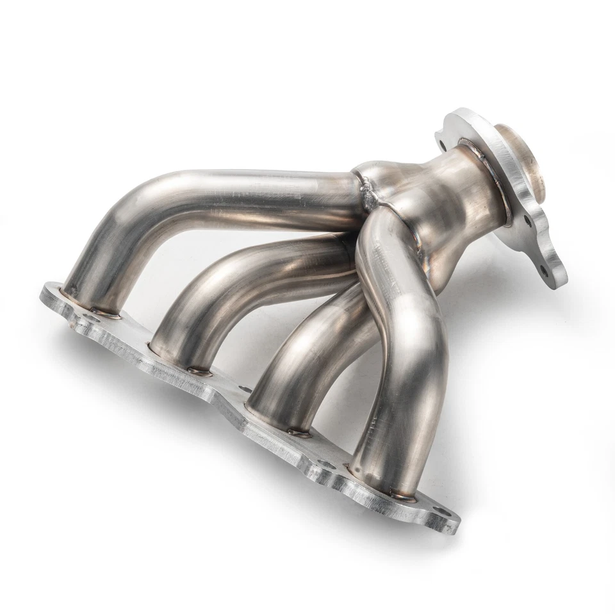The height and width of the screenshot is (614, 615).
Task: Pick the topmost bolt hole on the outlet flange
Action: (x=439, y=134)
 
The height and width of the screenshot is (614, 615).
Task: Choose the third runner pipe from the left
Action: (x=301, y=359)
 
